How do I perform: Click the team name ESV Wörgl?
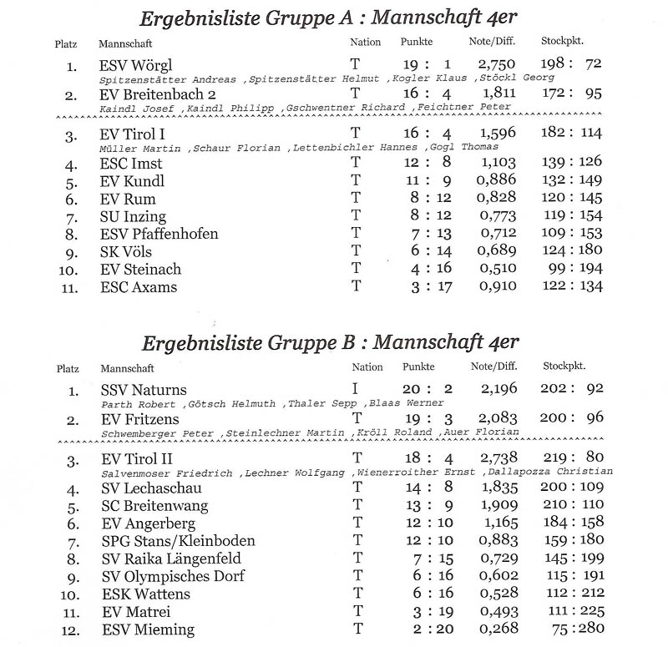(135, 65)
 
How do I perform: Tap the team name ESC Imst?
(130, 164)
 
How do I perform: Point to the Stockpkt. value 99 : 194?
(571, 270)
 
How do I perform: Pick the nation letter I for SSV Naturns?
(356, 389)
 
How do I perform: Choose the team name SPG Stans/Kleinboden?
(178, 541)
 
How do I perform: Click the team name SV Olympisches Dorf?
(170, 577)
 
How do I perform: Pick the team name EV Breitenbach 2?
(158, 94)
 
